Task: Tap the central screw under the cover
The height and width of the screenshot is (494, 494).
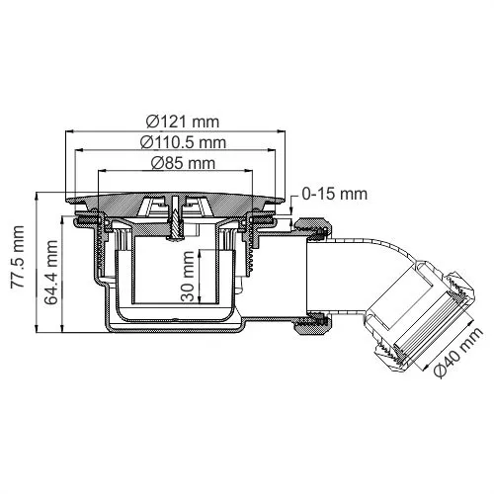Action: [x=174, y=218]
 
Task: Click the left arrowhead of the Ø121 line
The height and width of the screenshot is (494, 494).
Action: [x=67, y=130]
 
